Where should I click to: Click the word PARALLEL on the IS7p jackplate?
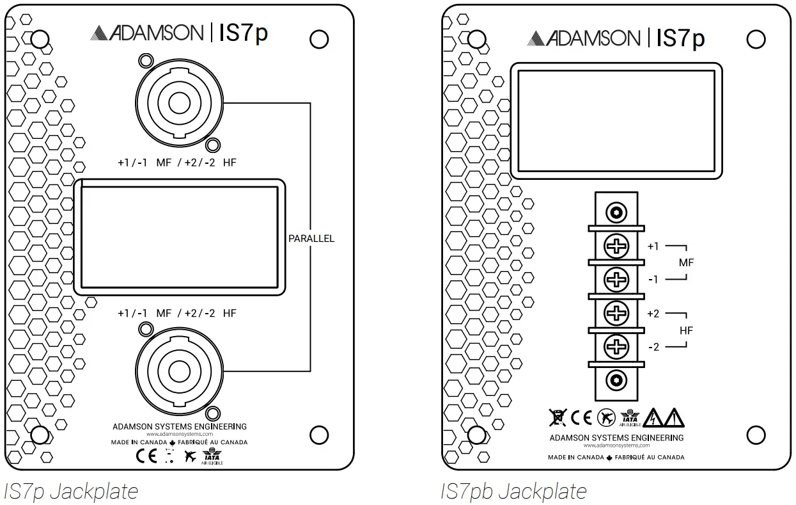point(311,239)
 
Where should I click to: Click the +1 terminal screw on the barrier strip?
point(616,246)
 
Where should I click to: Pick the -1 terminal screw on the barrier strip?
point(616,280)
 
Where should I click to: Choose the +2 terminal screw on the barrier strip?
point(616,314)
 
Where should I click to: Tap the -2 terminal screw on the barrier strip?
point(616,347)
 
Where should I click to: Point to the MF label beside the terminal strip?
point(686,263)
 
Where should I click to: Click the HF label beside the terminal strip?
point(686,331)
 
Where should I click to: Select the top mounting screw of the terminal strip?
point(616,212)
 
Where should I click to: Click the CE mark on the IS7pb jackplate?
point(581,418)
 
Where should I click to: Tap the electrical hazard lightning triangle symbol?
point(653,418)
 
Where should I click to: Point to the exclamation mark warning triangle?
point(674,418)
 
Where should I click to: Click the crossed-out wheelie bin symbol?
point(558,418)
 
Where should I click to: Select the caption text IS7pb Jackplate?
point(513,492)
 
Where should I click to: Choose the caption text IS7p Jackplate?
point(71,492)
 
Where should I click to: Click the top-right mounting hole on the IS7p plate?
point(319,40)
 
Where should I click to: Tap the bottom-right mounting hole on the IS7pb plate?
point(756,435)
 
